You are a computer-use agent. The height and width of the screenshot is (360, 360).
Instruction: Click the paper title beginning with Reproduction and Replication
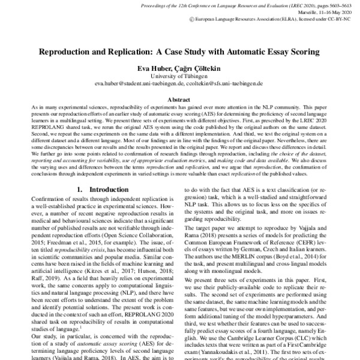click(x=179, y=52)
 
